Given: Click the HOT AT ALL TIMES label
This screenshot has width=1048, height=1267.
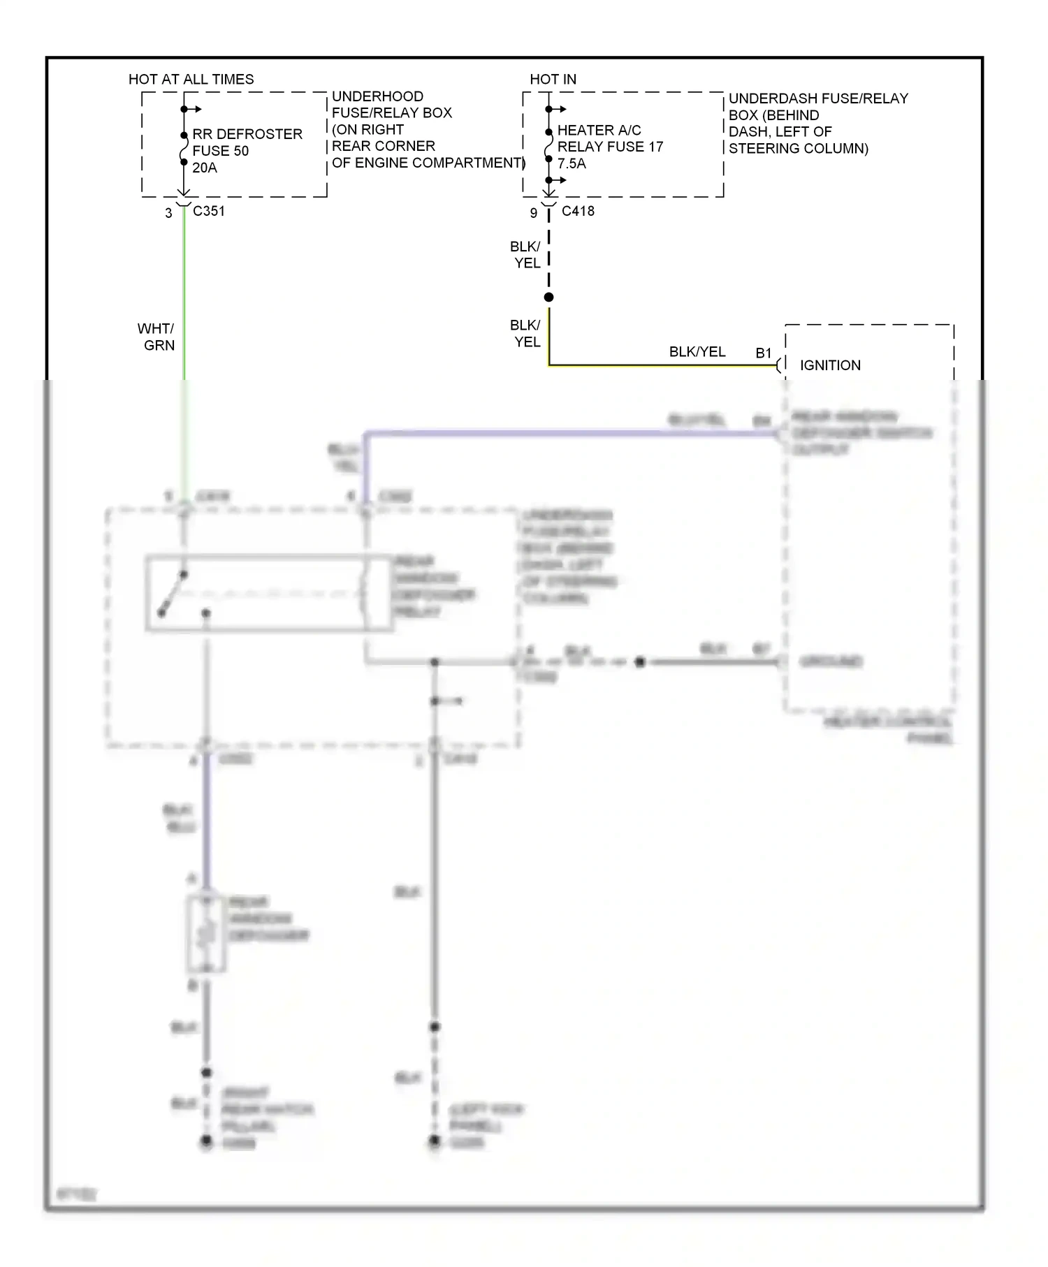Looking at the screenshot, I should [x=191, y=80].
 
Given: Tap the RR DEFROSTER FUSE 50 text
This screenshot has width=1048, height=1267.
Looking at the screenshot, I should [x=247, y=142].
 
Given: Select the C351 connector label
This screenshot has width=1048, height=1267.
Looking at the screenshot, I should [x=209, y=211].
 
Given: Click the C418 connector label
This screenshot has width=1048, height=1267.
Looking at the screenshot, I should [x=578, y=211].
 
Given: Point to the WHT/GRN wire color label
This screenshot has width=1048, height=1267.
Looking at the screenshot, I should [x=157, y=337].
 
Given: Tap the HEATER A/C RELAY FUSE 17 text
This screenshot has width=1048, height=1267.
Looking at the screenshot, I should [x=609, y=138].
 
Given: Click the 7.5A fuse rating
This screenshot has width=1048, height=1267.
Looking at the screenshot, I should [x=572, y=164].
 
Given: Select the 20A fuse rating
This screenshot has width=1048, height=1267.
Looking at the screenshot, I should [x=205, y=168].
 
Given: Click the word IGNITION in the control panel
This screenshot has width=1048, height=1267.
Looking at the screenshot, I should [x=830, y=365].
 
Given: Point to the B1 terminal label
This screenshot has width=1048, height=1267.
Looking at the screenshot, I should [x=764, y=353].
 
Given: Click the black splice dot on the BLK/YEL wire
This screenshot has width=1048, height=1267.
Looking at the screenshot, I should [x=549, y=298].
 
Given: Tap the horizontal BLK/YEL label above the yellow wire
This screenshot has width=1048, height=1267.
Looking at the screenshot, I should [x=697, y=352].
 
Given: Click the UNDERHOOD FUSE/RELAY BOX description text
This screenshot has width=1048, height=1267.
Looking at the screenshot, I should [x=426, y=129].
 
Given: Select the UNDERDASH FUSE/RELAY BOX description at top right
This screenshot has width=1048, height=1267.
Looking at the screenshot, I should [x=817, y=124].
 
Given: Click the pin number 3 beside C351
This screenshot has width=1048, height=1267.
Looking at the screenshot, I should [x=168, y=213].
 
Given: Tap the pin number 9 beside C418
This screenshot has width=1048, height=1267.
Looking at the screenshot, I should [x=533, y=213].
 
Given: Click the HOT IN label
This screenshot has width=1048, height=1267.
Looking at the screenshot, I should [x=553, y=80].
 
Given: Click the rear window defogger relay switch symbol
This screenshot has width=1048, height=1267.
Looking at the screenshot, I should [x=173, y=594].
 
